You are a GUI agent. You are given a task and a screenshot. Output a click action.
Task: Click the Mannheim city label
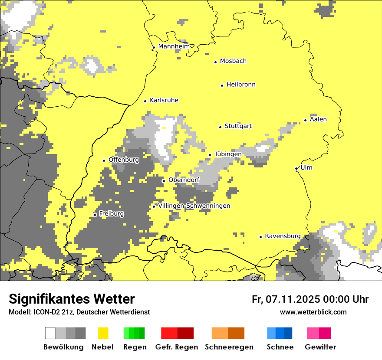tap(174, 46)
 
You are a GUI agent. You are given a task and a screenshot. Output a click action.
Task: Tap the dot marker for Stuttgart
tap(220, 127)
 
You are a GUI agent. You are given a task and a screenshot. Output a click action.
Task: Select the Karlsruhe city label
tap(164, 100)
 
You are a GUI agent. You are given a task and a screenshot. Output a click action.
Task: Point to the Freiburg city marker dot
tap(95, 215)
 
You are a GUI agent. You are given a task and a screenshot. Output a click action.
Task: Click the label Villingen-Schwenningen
tap(194, 206)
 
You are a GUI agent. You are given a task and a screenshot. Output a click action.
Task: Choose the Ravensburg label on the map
tap(283, 236)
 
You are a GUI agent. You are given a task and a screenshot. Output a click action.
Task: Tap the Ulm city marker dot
tap(296, 168)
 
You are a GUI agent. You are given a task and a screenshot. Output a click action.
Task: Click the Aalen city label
tap(318, 119)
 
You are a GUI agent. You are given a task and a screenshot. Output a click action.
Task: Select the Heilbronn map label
tap(241, 85)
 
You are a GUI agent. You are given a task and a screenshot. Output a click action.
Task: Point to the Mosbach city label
tap(233, 61)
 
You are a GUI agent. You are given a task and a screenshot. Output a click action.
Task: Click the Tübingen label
tap(228, 154)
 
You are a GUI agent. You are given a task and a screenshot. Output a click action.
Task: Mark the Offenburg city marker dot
tap(104, 160)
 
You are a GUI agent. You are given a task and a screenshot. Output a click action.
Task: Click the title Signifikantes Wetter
tap(72, 299)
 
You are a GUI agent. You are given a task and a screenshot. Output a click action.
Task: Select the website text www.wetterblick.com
tap(313, 312)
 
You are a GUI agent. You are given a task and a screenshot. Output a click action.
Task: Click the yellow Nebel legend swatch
tap(103, 333)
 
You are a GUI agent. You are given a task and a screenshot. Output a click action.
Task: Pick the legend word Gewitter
tap(320, 347)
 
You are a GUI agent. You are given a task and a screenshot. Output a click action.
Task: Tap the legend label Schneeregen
tap(229, 347)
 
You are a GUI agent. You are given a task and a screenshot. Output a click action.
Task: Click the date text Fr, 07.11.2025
tap(285, 299)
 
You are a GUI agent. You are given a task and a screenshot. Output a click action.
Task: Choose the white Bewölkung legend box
tap(50, 333)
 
